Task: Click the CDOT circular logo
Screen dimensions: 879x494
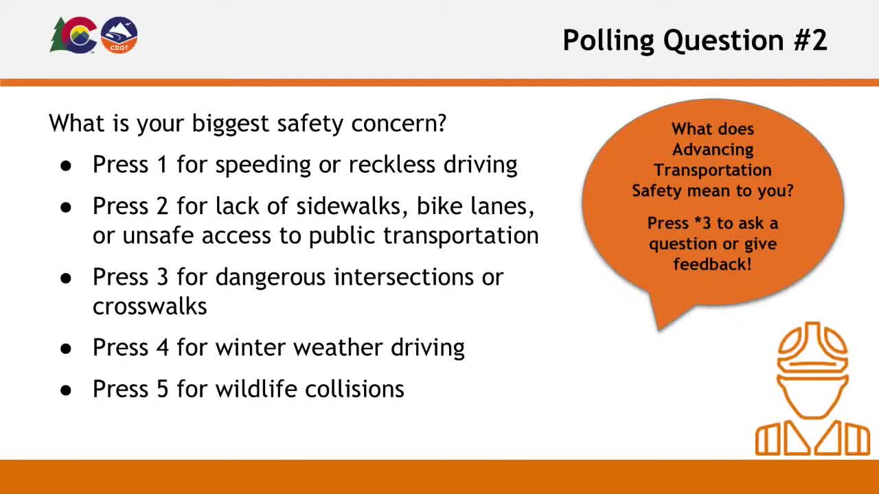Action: coord(119,35)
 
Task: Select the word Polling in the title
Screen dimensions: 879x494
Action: coord(608,40)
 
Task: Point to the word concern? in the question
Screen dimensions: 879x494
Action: coord(399,124)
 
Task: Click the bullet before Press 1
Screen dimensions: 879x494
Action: coord(66,166)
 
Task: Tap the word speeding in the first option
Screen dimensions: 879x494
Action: coord(263,165)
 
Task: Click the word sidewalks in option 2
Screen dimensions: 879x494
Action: coord(352,206)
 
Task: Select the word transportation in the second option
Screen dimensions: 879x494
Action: coord(461,236)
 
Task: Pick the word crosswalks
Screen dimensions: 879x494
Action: coord(150,306)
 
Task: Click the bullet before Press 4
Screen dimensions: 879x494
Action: coord(66,349)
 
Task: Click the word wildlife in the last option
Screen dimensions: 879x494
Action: coord(256,388)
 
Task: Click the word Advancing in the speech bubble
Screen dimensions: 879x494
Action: coord(713,150)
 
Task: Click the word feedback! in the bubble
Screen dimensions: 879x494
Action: coord(713,264)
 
